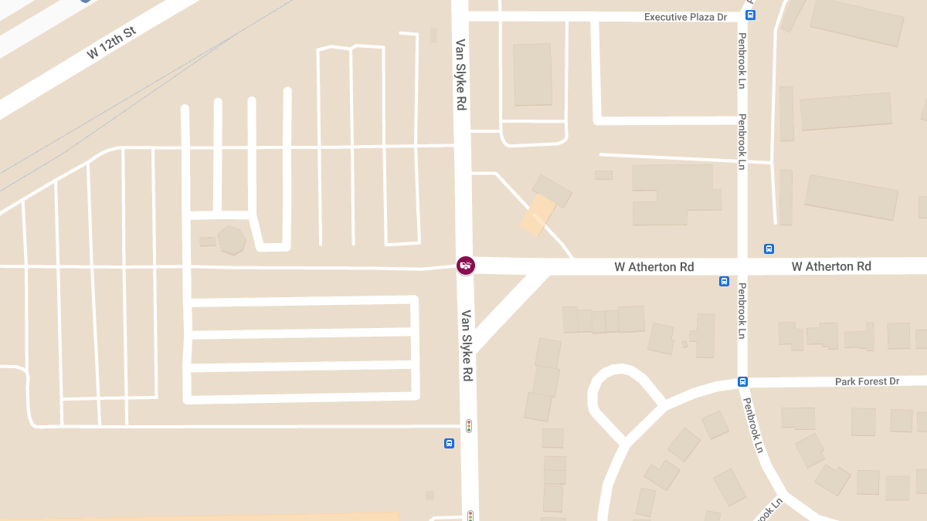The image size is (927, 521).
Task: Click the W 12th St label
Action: click(x=111, y=43)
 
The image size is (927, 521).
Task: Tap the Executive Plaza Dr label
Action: click(x=687, y=17)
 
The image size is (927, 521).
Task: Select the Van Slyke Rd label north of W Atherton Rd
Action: click(x=461, y=75)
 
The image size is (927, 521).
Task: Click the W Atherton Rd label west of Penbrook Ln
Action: click(x=654, y=267)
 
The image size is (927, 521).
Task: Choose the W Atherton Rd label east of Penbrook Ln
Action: click(x=831, y=266)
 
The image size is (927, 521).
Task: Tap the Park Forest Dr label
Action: click(x=867, y=382)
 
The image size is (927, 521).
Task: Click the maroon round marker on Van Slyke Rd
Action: click(x=465, y=266)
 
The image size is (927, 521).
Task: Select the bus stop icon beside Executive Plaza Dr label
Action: click(x=750, y=15)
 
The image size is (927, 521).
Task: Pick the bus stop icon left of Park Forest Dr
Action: click(x=742, y=381)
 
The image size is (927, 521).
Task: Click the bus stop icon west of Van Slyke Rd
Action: click(x=449, y=443)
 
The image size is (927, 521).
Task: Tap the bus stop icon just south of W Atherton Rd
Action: click(x=724, y=281)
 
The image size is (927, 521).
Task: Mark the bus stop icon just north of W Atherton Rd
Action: click(x=769, y=249)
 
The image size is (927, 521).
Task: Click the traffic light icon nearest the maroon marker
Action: click(x=468, y=425)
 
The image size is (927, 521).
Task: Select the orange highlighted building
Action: click(x=538, y=215)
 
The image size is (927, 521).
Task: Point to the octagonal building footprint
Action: click(x=232, y=240)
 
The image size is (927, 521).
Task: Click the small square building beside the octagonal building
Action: click(x=208, y=242)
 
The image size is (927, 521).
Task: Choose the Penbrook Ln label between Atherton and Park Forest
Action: click(x=742, y=311)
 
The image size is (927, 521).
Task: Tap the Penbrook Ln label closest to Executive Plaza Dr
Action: click(x=742, y=60)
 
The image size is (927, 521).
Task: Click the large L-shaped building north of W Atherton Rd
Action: click(x=672, y=193)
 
